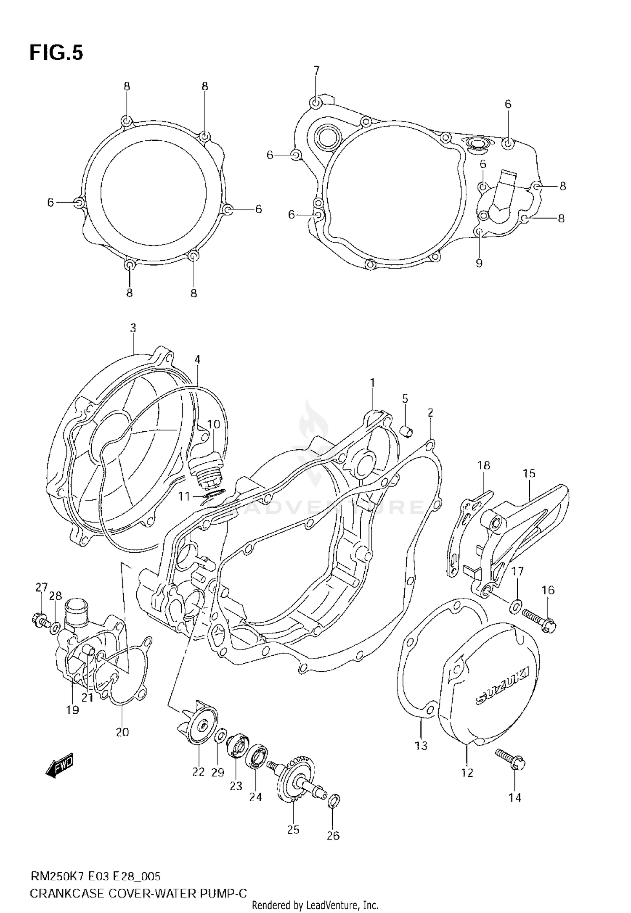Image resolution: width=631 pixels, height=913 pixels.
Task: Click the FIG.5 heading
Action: pyautogui.click(x=56, y=53)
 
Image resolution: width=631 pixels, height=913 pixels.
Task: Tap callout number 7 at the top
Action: pyautogui.click(x=316, y=70)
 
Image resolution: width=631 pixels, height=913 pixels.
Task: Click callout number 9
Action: pyautogui.click(x=479, y=263)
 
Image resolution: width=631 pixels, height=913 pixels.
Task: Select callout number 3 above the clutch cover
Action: pyautogui.click(x=133, y=328)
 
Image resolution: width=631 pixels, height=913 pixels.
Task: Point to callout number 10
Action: pyautogui.click(x=213, y=424)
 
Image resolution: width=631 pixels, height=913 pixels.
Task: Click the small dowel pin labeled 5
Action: pyautogui.click(x=407, y=431)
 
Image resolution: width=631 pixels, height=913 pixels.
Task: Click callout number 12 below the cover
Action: pyautogui.click(x=467, y=772)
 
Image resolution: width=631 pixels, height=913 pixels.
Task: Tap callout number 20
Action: pyautogui.click(x=122, y=732)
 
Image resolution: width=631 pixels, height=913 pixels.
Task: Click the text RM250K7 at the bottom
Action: pyautogui.click(x=58, y=876)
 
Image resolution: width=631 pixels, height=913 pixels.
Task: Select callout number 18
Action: pyautogui.click(x=484, y=465)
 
